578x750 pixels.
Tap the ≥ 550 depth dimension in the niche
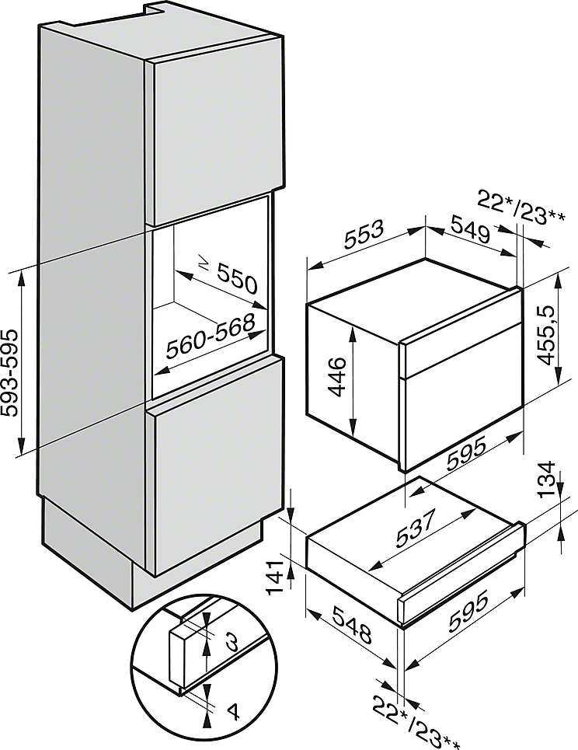[x=228, y=276]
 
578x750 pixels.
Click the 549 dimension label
[x=471, y=229]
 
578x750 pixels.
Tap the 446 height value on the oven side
[x=338, y=377]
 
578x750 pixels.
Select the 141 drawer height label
[x=275, y=577]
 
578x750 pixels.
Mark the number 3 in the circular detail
[x=232, y=643]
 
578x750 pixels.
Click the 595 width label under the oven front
[x=466, y=453]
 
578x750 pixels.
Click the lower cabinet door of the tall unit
[x=218, y=463]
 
